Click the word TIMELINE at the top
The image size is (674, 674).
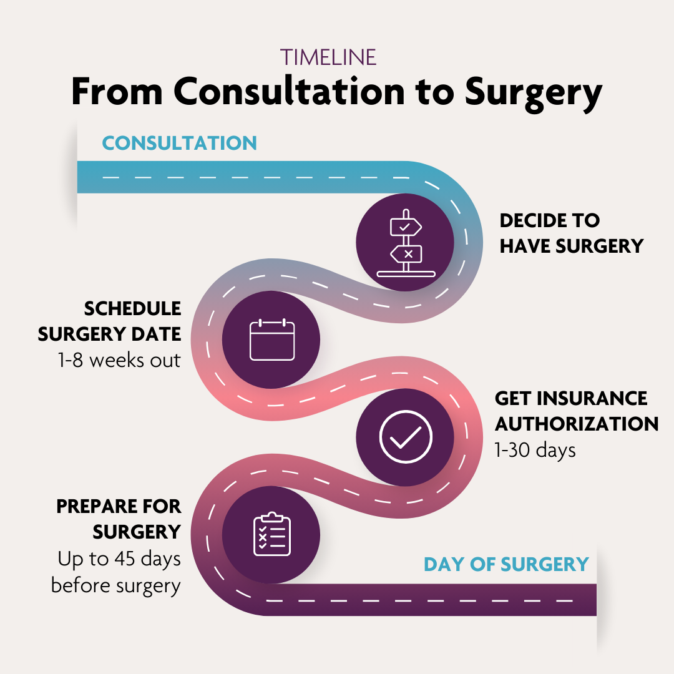[328, 57]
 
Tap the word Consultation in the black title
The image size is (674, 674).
[290, 91]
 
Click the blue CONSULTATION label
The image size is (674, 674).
[179, 143]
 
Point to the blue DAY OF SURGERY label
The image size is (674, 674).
[506, 564]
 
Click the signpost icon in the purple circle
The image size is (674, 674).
[406, 243]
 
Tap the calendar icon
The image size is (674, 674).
[272, 339]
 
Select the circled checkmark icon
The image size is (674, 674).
[406, 437]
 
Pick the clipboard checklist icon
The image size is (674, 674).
[272, 534]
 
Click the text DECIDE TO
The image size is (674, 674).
[549, 220]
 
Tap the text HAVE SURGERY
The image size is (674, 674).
[571, 247]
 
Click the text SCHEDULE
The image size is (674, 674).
[132, 309]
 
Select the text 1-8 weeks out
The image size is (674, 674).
[119, 360]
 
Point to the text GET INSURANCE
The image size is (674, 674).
[571, 398]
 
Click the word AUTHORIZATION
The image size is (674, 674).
[577, 424]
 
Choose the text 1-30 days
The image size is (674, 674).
[535, 451]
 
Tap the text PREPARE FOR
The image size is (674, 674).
[119, 506]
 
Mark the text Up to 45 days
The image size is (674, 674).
[119, 559]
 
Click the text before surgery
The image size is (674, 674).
[115, 586]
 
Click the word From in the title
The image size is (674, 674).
[117, 91]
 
